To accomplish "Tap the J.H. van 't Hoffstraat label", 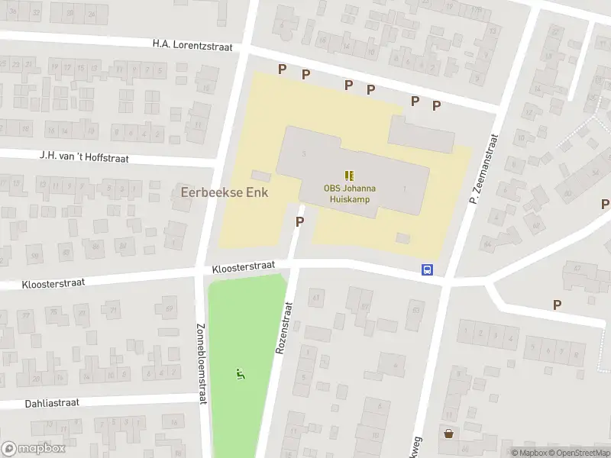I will pyautogui.click(x=84, y=156).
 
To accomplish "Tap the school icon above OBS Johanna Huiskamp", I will pyautogui.click(x=350, y=175).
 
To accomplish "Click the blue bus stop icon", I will pyautogui.click(x=428, y=269).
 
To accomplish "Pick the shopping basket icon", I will pyautogui.click(x=448, y=434).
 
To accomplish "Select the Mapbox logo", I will pyautogui.click(x=34, y=448).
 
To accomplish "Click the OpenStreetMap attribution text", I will pyautogui.click(x=578, y=453).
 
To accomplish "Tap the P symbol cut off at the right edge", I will pyautogui.click(x=606, y=204).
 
